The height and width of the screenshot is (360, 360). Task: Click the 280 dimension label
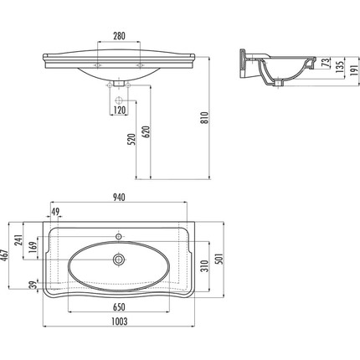tap(119, 36)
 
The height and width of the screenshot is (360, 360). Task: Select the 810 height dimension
tap(205, 118)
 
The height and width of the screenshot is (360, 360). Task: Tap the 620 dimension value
tap(147, 131)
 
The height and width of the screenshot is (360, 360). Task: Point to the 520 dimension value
tap(131, 139)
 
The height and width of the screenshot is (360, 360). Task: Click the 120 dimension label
tap(119, 111)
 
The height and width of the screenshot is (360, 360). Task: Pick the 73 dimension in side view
tap(325, 62)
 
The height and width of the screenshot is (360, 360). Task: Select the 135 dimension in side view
tap(340, 66)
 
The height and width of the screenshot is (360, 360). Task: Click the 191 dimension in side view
tap(354, 71)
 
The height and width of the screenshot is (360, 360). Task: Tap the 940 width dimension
tap(119, 198)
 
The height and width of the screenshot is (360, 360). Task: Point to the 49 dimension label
tap(55, 212)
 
